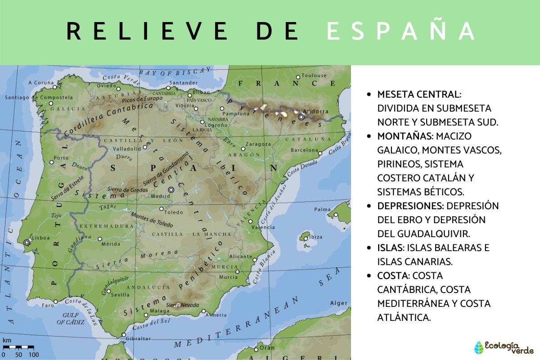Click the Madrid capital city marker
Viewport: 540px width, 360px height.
tap(171, 190)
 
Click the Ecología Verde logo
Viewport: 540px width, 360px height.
tap(504, 347)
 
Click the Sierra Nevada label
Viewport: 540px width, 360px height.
tap(182, 305)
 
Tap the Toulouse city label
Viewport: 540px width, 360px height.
tap(314, 76)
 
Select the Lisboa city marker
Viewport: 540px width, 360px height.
tap(27, 242)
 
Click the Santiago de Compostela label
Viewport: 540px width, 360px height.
tap(39, 97)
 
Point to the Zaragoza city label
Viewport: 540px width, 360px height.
tap(259, 144)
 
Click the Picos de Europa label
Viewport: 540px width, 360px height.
tap(142, 99)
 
